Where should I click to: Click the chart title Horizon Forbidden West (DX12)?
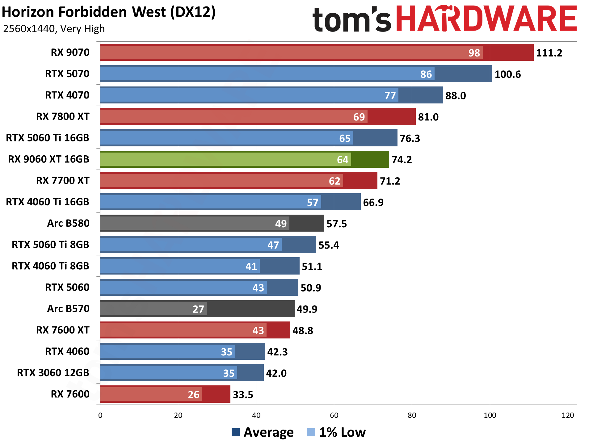[x=108, y=12]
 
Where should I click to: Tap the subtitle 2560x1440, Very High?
[x=54, y=29]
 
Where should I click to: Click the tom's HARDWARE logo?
[x=444, y=19]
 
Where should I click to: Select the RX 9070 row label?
[x=70, y=52]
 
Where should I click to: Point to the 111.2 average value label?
[x=549, y=53]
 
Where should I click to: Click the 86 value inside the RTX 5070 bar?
[x=426, y=74]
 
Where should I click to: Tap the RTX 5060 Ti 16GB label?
[x=48, y=138]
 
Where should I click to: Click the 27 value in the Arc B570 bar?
[x=198, y=309]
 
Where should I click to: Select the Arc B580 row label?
[x=68, y=223]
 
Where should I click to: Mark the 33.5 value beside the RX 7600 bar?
[x=243, y=394]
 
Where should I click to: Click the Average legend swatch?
[x=236, y=432]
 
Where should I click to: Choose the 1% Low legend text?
[x=342, y=432]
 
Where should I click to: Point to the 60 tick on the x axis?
[x=334, y=415]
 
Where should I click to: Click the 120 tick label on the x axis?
[x=568, y=415]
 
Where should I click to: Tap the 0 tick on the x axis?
[x=100, y=415]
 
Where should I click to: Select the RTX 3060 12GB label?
[x=53, y=373]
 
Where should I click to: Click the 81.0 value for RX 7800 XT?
[x=428, y=117]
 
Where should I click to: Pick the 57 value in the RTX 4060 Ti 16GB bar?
[x=312, y=202]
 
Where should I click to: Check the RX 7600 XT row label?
[x=63, y=330]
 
